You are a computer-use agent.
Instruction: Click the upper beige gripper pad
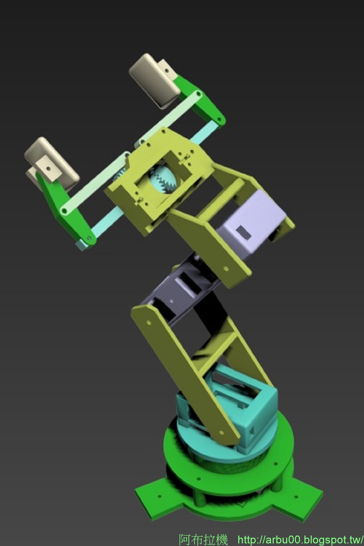coord(154,80)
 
